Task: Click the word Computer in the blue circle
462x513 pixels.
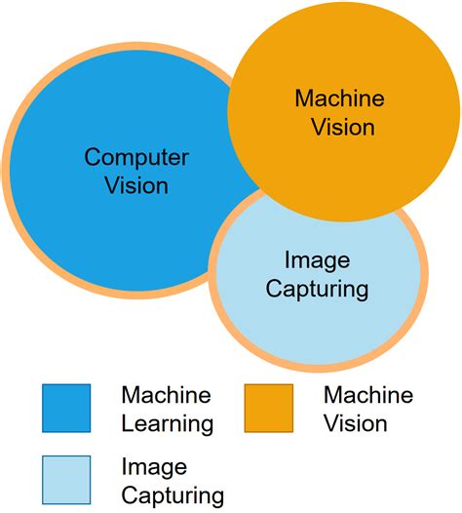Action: point(136,157)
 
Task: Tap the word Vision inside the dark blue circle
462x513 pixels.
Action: point(136,185)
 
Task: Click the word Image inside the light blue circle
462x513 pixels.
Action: point(318,260)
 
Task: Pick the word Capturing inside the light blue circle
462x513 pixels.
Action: point(318,289)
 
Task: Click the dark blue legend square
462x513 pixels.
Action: point(66,408)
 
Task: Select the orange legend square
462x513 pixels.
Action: point(268,408)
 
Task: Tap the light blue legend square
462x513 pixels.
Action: point(66,480)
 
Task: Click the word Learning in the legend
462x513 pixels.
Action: point(167,424)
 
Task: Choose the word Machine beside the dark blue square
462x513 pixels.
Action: point(166,396)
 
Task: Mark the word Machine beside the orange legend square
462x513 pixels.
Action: point(367,396)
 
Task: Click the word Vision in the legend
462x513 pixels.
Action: point(355,424)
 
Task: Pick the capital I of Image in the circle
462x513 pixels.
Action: point(288,260)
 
